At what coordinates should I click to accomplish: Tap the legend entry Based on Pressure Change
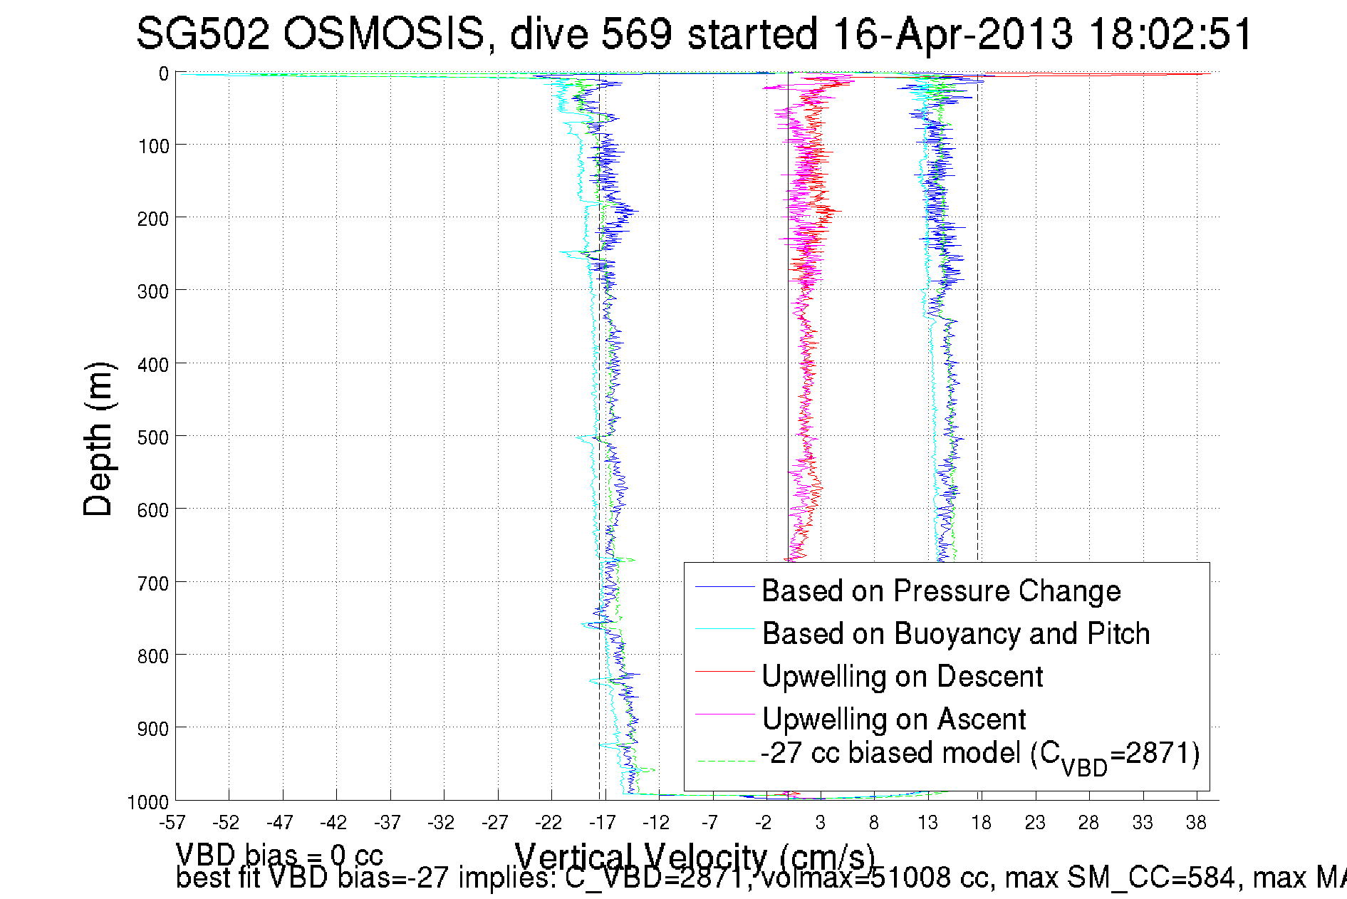tap(941, 591)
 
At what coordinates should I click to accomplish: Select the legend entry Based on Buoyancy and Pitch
tap(956, 633)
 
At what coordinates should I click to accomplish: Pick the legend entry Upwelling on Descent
tap(902, 676)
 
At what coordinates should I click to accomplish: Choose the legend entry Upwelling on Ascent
tap(894, 719)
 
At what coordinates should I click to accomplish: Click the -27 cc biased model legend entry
tap(980, 754)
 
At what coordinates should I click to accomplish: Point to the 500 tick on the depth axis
tap(153, 437)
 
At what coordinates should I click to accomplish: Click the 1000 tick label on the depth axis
tap(148, 802)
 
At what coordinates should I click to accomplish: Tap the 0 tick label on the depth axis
tap(164, 74)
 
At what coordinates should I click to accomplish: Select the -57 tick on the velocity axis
tap(172, 823)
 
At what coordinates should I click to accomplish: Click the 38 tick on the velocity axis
tap(1196, 823)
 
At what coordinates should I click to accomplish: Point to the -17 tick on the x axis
tap(603, 823)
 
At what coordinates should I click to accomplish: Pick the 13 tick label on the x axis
tap(927, 823)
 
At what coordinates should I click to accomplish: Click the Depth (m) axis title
tap(98, 439)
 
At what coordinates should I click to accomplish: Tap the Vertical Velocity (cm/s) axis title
tap(695, 855)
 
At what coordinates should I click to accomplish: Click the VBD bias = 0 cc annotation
tap(279, 853)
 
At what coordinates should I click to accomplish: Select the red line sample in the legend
tap(724, 671)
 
